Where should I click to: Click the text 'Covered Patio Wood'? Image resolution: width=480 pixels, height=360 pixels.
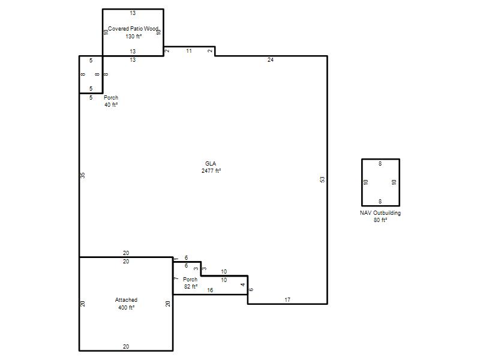(133, 29)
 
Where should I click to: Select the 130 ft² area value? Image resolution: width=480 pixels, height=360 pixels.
(133, 37)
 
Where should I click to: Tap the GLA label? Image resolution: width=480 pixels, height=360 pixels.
(211, 164)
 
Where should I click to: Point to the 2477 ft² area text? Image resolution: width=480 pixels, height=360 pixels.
(211, 171)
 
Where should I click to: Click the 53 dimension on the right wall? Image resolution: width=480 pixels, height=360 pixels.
(322, 179)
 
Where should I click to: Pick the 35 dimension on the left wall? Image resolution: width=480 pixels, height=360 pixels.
(83, 175)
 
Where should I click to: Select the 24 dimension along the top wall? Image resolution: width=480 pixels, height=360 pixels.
(271, 60)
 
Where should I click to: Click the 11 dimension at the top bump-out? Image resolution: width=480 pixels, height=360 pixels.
(189, 51)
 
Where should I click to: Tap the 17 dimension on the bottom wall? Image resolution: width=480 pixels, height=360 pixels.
(287, 299)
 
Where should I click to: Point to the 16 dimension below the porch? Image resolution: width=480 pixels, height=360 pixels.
(210, 290)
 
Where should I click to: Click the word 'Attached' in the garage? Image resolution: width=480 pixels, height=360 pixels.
(126, 300)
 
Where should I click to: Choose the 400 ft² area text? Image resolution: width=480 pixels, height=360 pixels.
(127, 308)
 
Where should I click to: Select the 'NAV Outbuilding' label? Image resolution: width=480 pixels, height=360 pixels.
(380, 213)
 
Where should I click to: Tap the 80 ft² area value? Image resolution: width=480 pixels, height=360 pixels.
(380, 220)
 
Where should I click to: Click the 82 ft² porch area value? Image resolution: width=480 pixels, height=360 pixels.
(191, 287)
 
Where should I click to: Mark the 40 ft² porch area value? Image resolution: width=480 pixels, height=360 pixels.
(111, 105)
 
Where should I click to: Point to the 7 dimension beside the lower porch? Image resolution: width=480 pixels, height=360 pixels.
(176, 278)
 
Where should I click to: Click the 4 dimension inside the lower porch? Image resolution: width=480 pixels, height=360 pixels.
(243, 284)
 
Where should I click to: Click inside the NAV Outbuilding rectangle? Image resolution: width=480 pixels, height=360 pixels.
(380, 182)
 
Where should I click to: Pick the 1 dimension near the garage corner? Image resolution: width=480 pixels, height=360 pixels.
(176, 259)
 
